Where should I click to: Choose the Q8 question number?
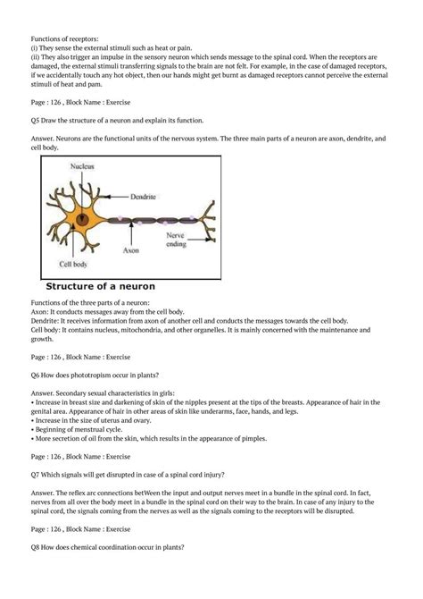[37, 572]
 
